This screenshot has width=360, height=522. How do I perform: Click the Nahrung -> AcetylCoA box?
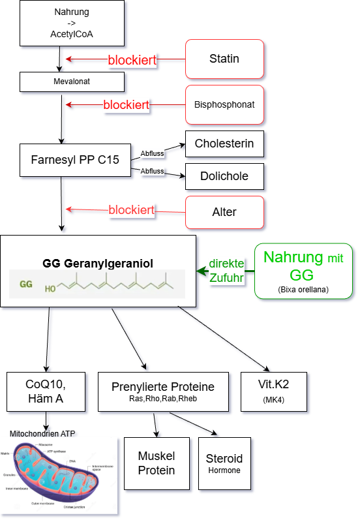pos(72,24)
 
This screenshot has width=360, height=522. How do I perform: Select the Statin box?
pos(224,59)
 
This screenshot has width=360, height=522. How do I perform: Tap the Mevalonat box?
pos(72,82)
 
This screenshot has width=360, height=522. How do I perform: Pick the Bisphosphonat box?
pos(224,104)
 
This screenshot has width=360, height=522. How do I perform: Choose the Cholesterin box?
pos(224,144)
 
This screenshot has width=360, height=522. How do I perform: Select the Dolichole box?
pos(224,176)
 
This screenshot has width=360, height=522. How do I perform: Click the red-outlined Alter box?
pos(224,211)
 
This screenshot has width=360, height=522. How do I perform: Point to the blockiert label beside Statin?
pos(132,60)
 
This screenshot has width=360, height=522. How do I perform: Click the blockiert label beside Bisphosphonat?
pos(127,104)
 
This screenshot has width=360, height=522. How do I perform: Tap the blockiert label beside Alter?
pos(132,210)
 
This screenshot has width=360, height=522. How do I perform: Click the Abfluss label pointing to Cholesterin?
pos(152,154)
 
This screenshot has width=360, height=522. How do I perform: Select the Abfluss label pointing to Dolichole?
pos(152,171)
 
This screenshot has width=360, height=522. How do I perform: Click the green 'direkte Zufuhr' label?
pos(226,270)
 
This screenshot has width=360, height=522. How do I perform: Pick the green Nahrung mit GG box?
pos(303,271)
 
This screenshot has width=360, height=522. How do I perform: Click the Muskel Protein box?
pos(157,463)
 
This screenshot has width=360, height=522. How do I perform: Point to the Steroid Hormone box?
pos(224,463)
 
